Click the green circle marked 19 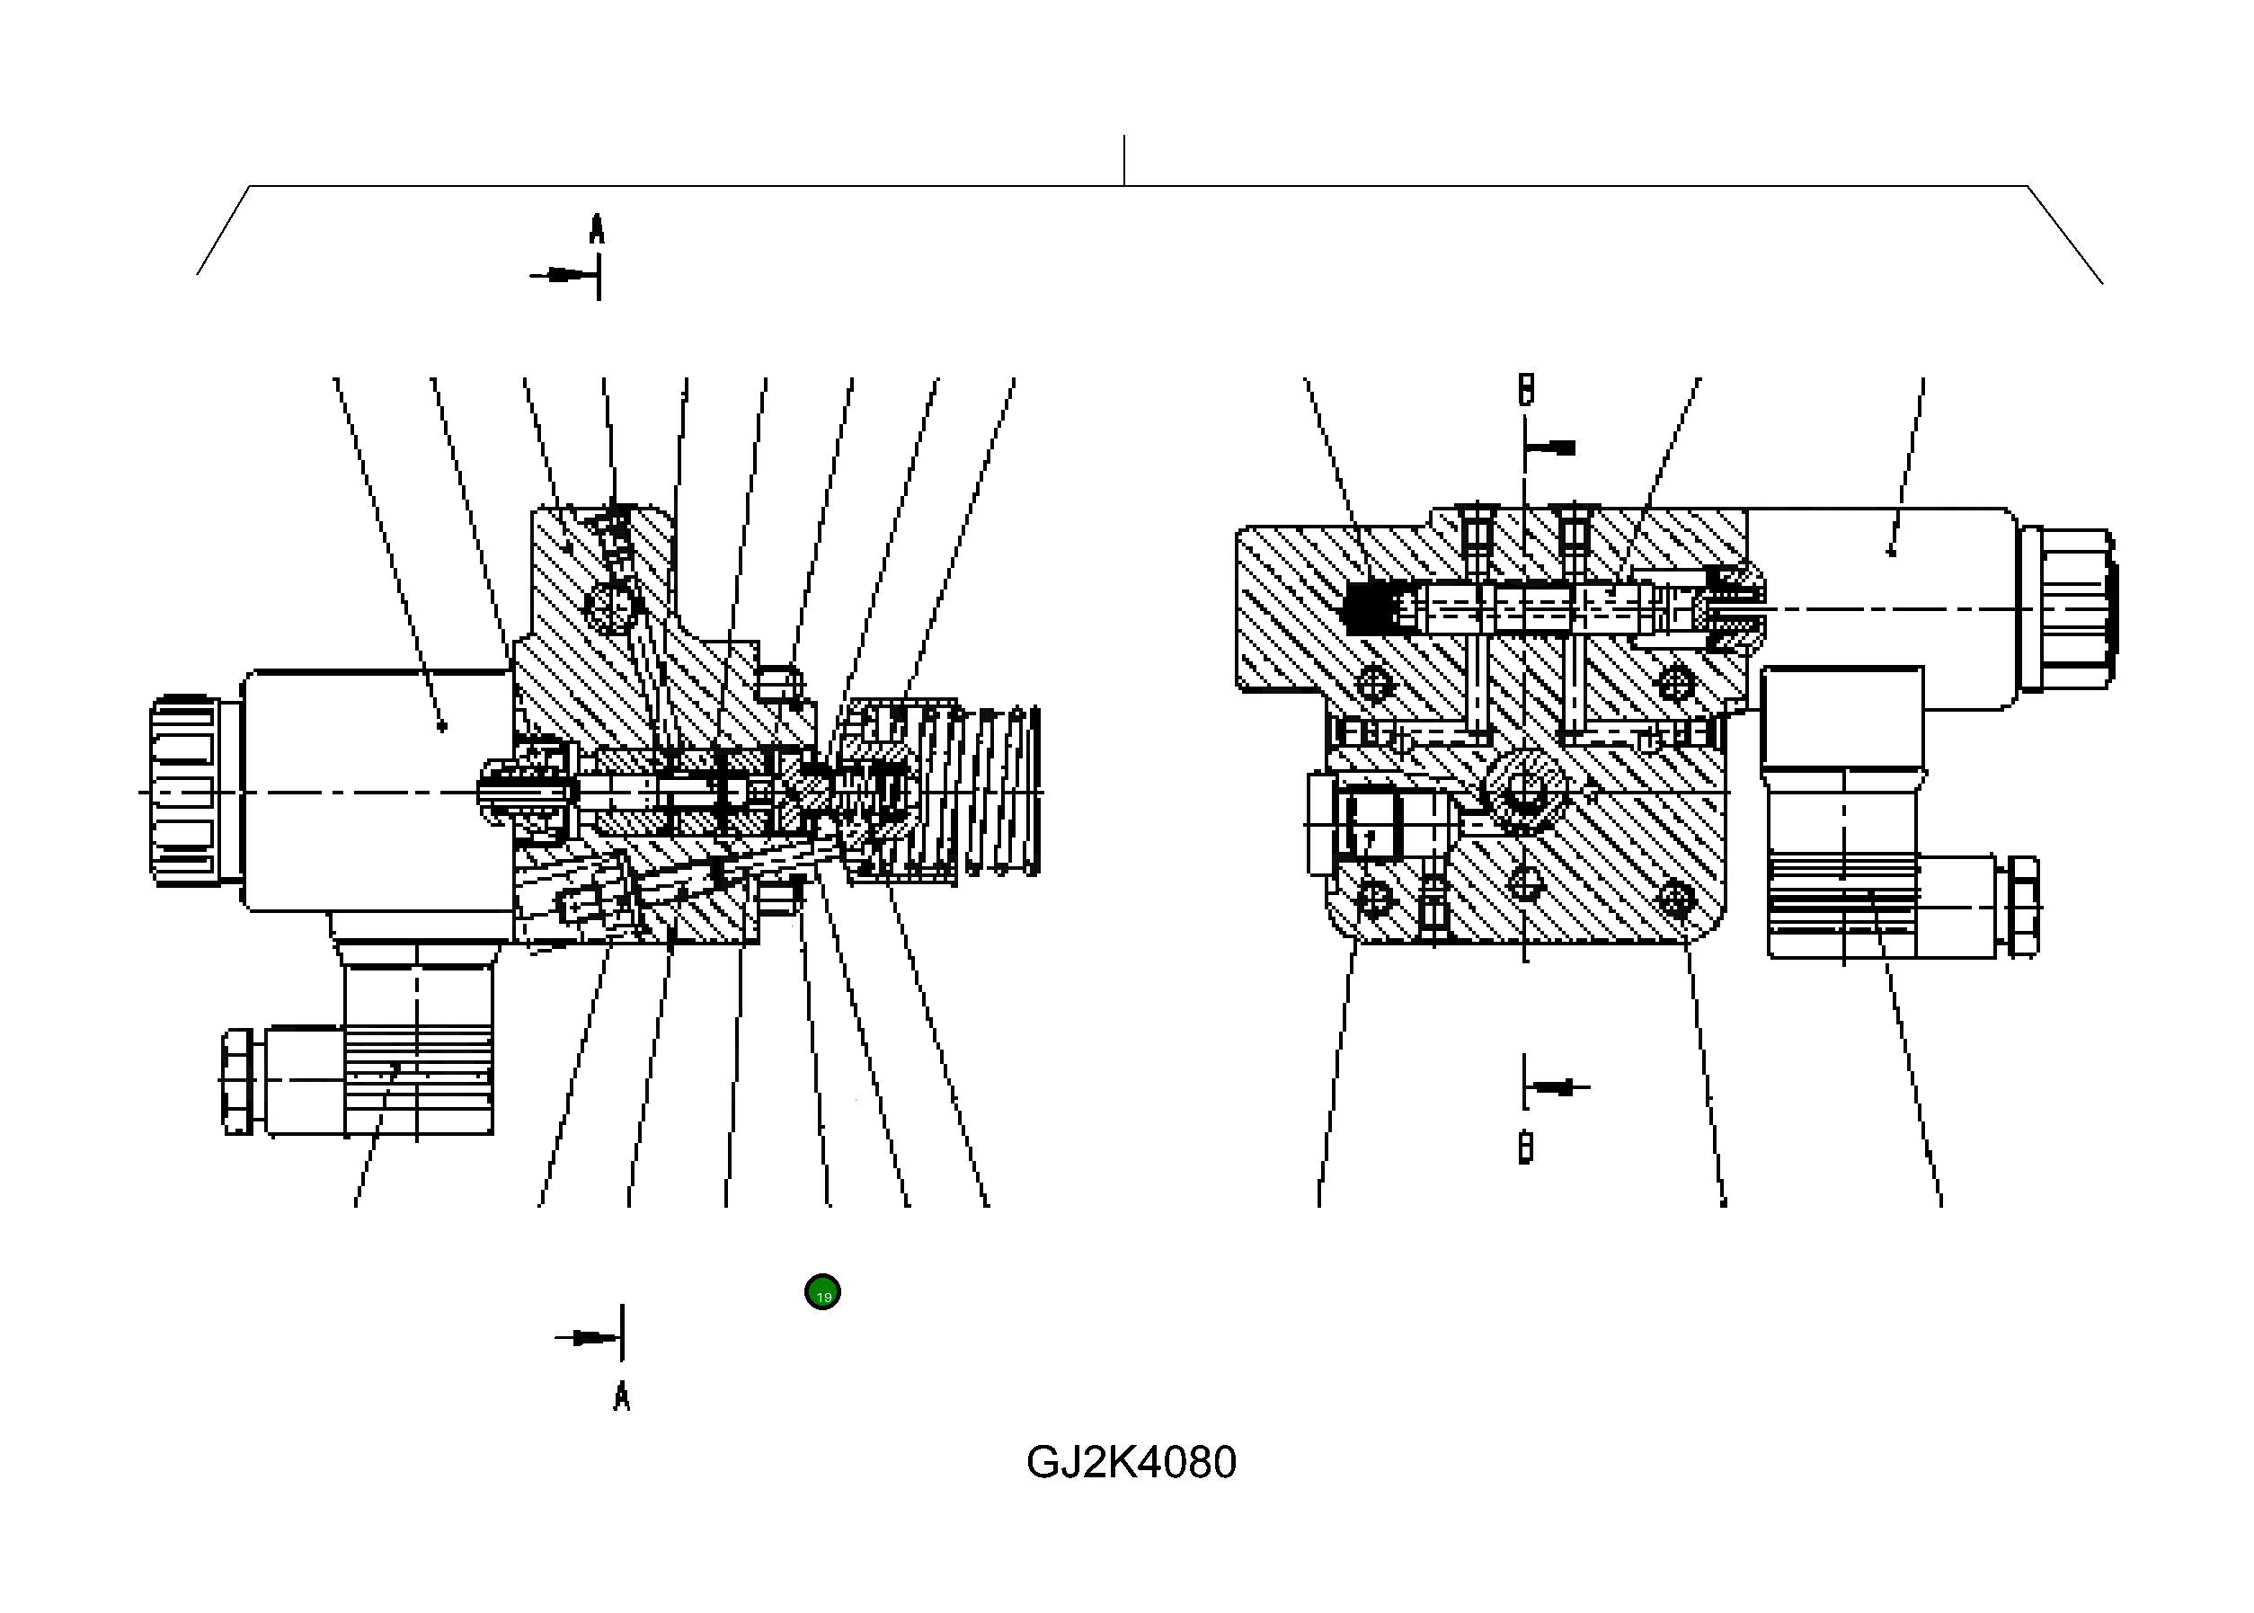tap(821, 1292)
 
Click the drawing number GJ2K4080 tap(1131, 1462)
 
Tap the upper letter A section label tap(596, 229)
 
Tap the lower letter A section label tap(622, 1396)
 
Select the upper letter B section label tap(1526, 389)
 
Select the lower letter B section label tap(1526, 1148)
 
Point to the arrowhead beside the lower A tap(592, 1338)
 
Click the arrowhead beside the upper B tap(1559, 448)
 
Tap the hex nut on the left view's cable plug tap(236, 1082)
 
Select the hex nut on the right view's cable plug tap(2022, 907)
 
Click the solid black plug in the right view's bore tap(1368, 609)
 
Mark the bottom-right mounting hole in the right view tap(1676, 900)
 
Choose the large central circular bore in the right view tap(1524, 792)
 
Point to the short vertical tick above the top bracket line tap(1123, 160)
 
